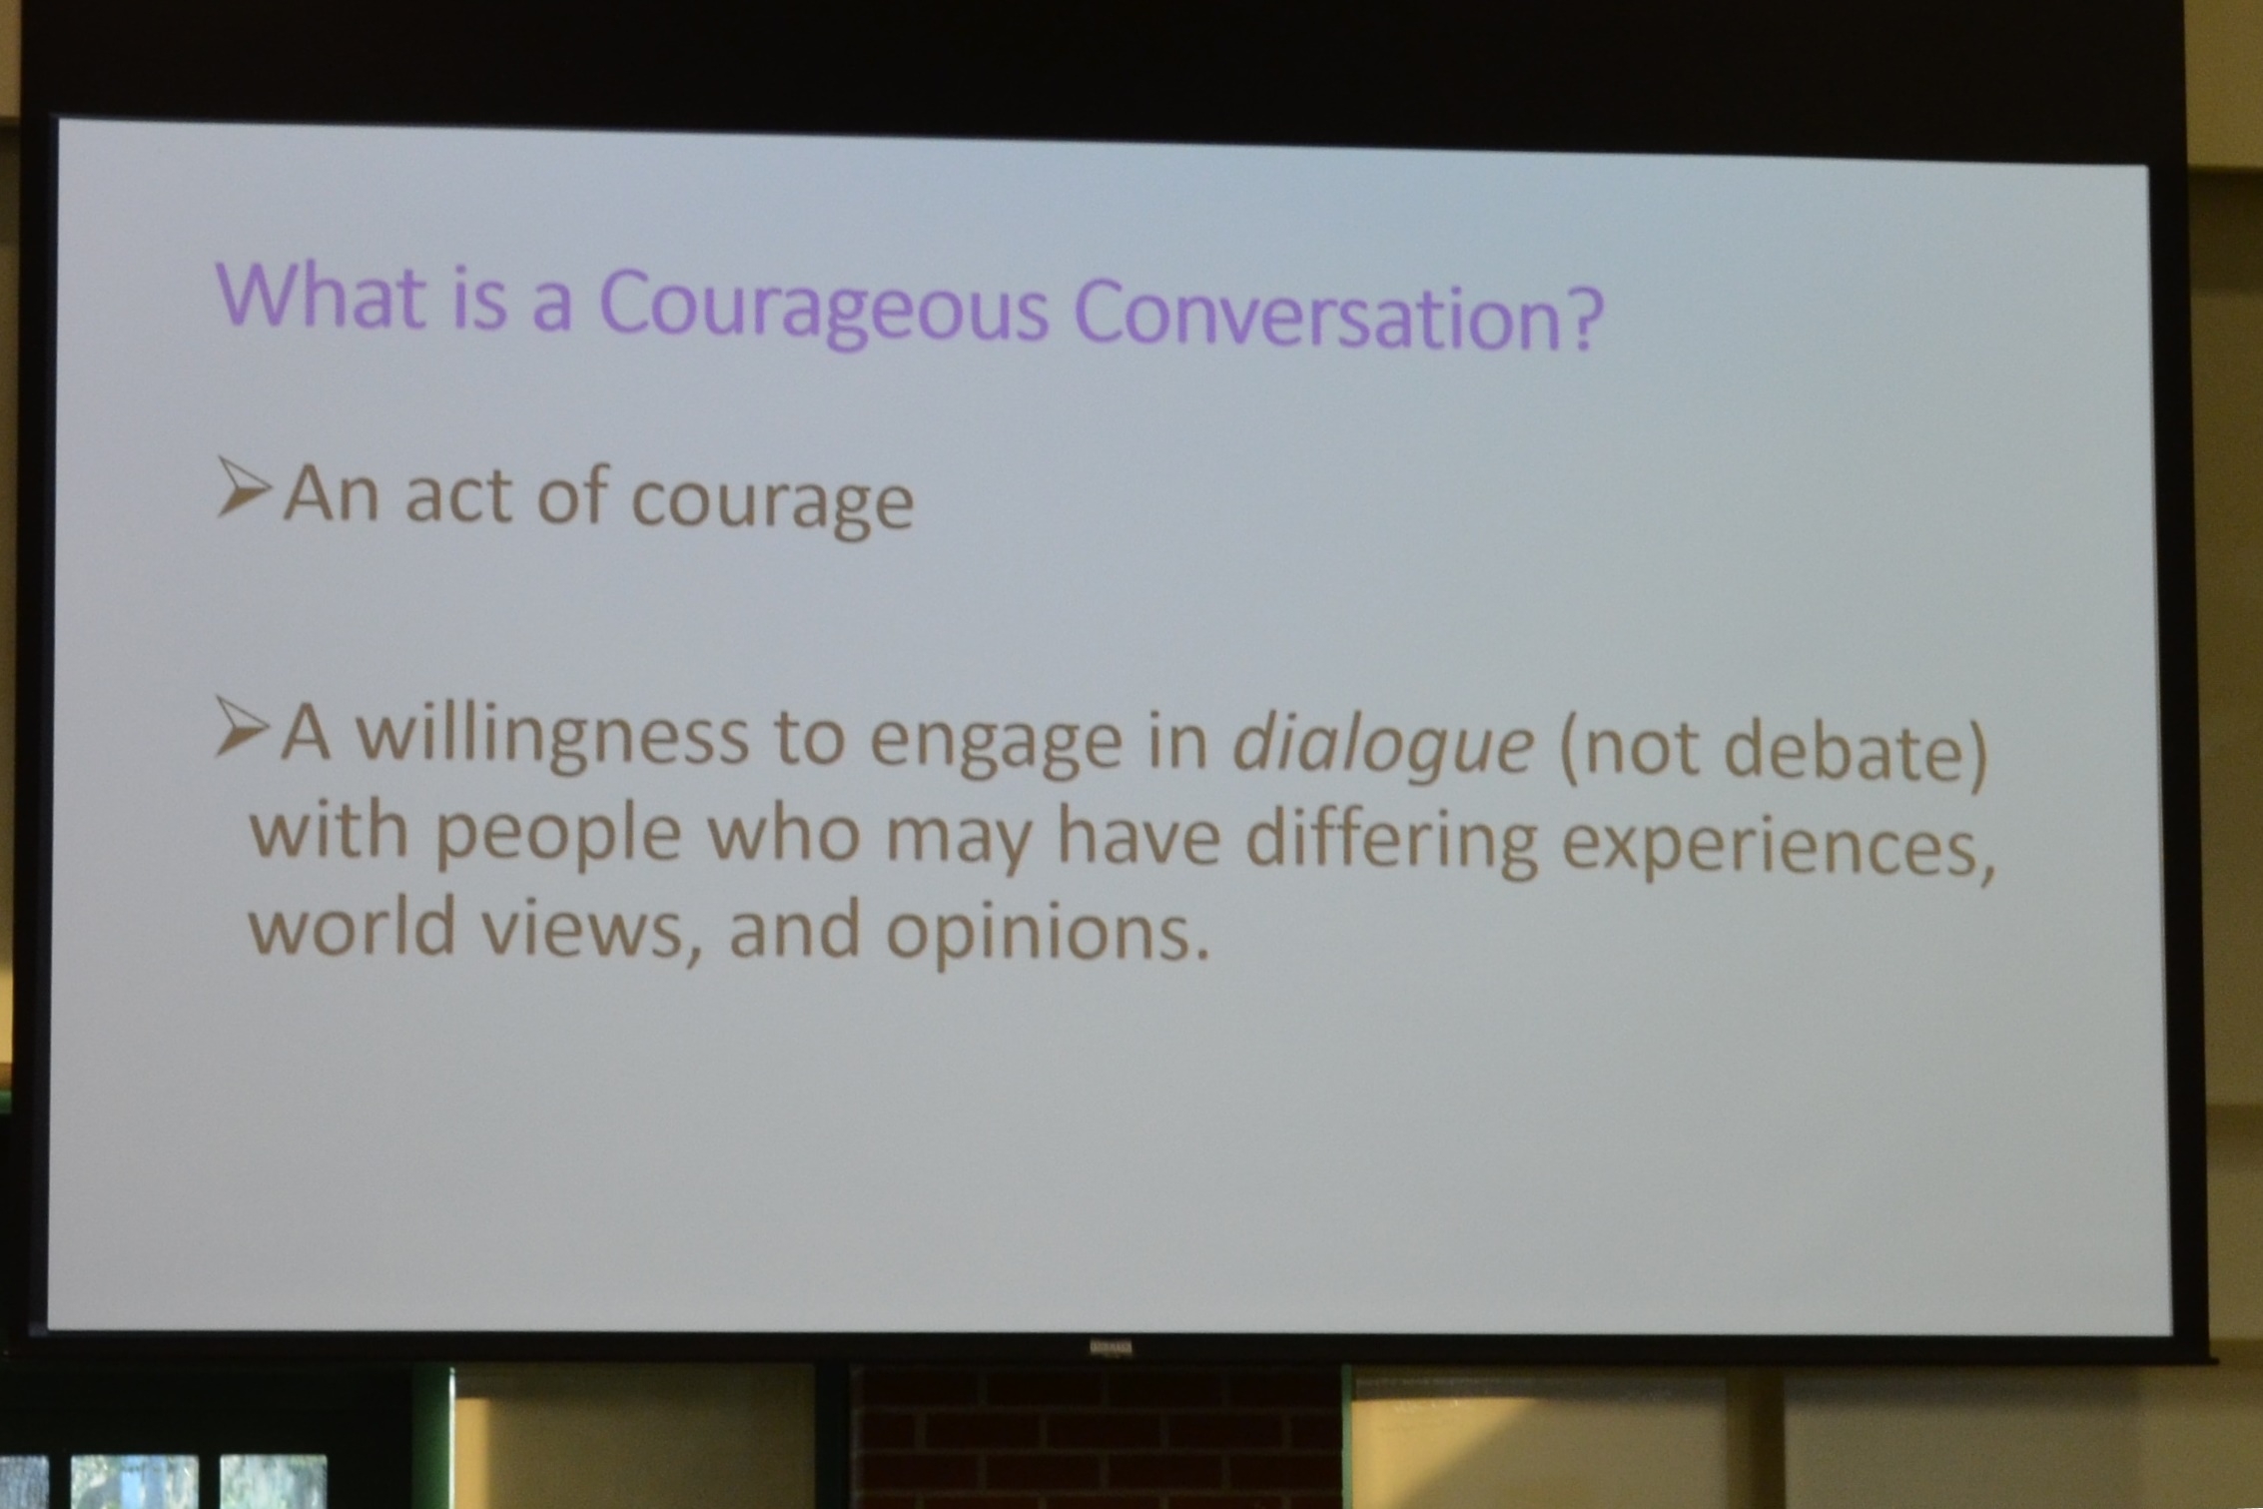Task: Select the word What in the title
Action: (321, 295)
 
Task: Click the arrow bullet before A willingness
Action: (242, 727)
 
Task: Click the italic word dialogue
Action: (1383, 744)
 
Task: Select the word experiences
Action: (1777, 844)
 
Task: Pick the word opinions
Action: (1048, 933)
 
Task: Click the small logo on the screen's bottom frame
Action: (1112, 1347)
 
